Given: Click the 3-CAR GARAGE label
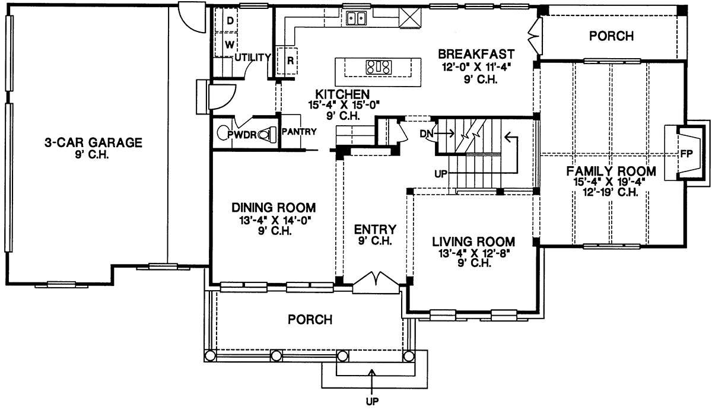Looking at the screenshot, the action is (94, 143).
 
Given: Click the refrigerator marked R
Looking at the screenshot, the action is (287, 61).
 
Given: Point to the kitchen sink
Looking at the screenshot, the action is (356, 18).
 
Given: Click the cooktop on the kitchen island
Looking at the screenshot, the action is (379, 67).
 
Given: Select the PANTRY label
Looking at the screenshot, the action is (299, 131).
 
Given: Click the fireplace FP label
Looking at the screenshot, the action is (686, 154).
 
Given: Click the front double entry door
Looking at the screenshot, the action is (376, 282).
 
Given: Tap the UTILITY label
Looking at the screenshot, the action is (253, 57).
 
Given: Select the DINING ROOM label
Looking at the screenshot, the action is (274, 208).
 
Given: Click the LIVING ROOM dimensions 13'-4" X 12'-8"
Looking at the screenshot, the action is (474, 253).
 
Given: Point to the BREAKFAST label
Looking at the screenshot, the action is (476, 54).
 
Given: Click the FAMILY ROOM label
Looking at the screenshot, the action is (611, 171).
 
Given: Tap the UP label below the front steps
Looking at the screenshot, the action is (372, 402).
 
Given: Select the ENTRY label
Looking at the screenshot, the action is (376, 229).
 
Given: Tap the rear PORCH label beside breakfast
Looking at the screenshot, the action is (611, 36).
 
